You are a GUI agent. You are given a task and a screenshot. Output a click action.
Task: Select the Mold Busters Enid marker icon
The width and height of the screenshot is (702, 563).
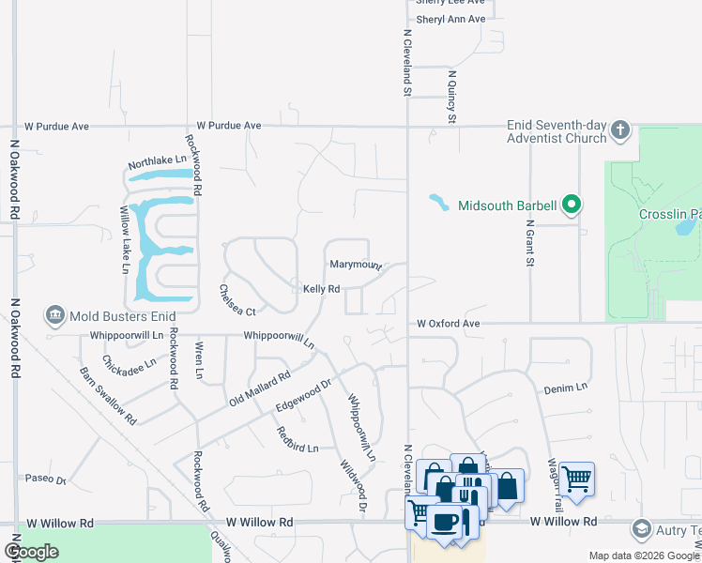point(55,316)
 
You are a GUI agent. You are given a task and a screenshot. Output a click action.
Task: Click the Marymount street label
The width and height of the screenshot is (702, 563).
point(355,266)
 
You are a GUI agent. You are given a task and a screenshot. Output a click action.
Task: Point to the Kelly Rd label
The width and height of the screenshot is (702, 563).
point(321,289)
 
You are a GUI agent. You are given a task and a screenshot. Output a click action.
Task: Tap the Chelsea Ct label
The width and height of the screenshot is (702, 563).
point(237,299)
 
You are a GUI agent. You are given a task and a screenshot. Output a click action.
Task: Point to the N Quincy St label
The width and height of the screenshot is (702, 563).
point(451,97)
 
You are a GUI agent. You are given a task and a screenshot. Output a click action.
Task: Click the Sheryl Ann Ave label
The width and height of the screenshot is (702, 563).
point(450,19)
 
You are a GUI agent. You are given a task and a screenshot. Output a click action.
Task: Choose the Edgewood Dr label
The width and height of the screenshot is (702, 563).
point(305,394)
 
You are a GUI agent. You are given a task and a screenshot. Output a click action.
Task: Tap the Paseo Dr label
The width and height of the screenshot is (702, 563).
point(46,479)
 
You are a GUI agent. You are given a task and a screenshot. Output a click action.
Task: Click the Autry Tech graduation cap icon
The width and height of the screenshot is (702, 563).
point(642,529)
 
